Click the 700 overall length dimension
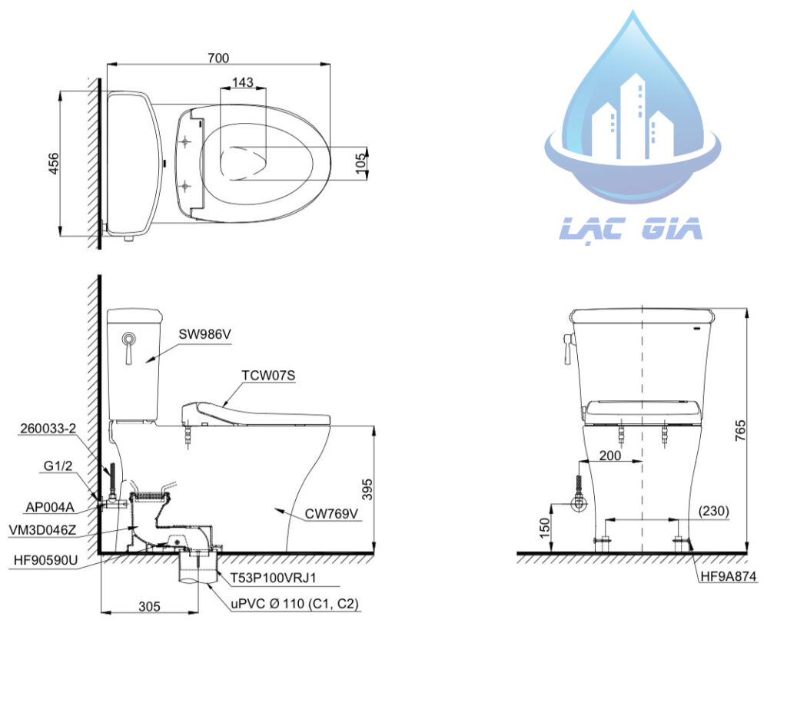[x=218, y=58]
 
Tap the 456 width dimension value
[x=53, y=164]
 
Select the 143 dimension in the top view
[x=243, y=82]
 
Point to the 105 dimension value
[x=360, y=164]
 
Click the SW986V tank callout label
[x=204, y=334]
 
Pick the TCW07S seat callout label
[x=268, y=376]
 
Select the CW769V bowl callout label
[x=332, y=514]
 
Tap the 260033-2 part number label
[x=48, y=428]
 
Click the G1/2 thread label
[x=58, y=466]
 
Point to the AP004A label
[x=50, y=507]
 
